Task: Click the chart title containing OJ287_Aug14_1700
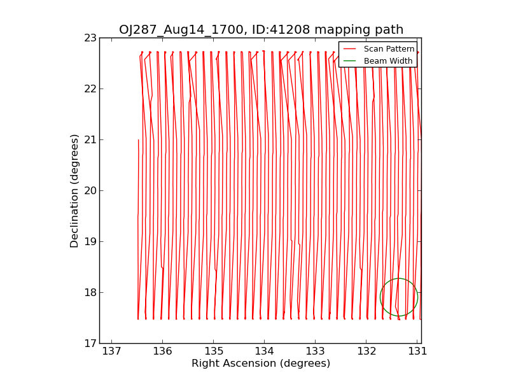261,29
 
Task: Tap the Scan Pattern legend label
389,49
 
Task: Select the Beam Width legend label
388,61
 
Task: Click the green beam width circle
399,297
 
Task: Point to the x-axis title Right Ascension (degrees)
261,364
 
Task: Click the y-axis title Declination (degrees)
74,191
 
